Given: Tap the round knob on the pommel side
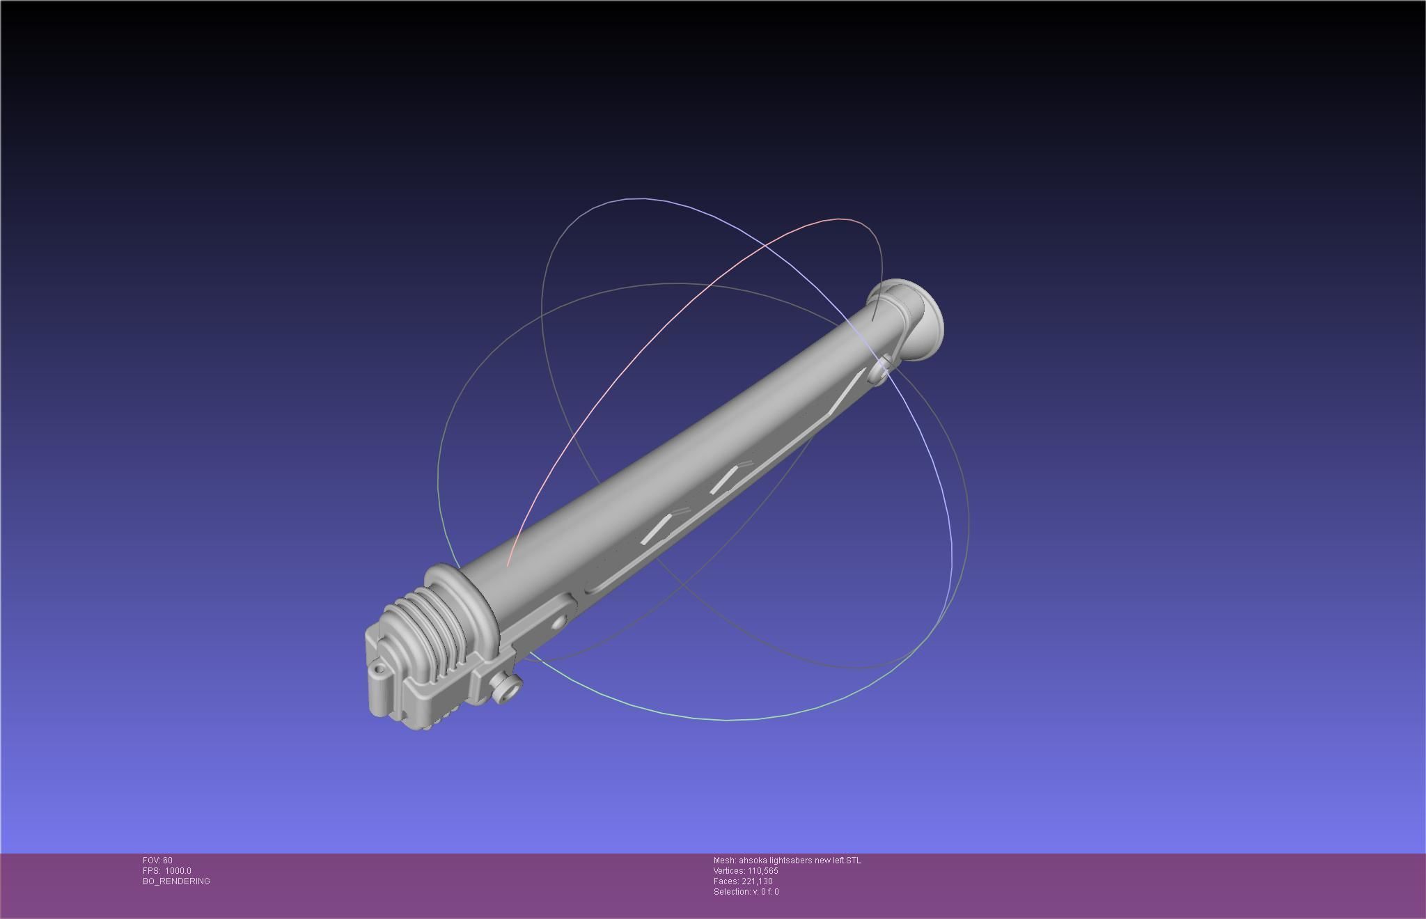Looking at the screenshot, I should (x=507, y=688).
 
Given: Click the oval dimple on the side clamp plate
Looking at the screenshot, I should (x=558, y=621).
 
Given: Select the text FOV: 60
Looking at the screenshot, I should (x=157, y=861).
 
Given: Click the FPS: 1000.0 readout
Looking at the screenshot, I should (x=167, y=871).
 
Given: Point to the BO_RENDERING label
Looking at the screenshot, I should (x=176, y=881).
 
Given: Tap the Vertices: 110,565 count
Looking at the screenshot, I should (x=746, y=871).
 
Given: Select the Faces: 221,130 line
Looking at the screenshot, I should (x=743, y=881).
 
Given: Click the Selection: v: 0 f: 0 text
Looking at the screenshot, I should (x=746, y=892).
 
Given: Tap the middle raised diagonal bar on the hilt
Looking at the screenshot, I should (x=724, y=480).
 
